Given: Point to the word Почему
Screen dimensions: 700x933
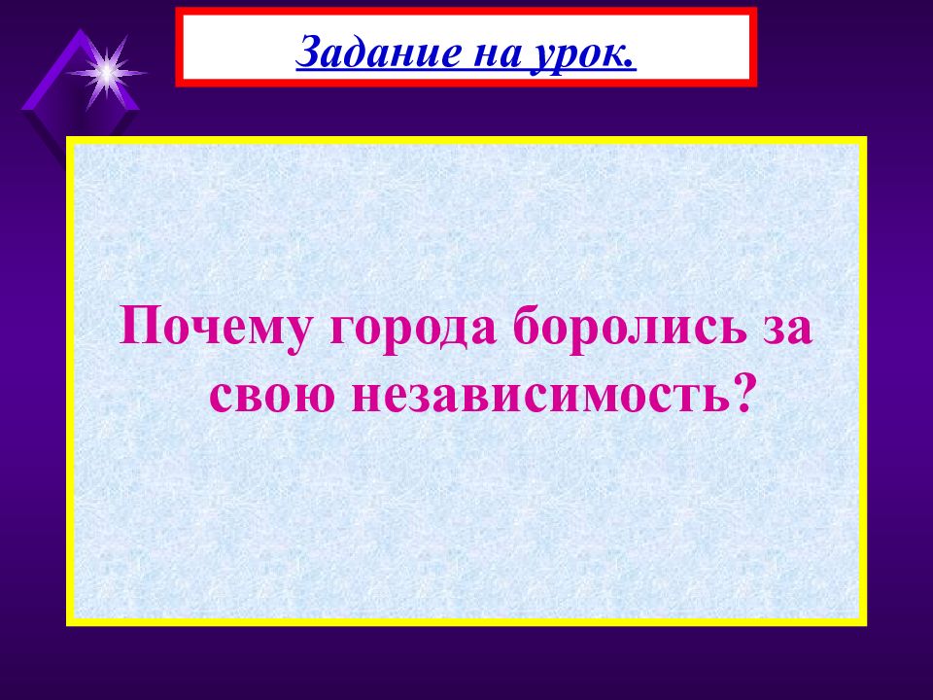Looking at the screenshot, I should pos(218,328).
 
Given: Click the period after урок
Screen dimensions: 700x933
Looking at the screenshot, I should pos(632,60).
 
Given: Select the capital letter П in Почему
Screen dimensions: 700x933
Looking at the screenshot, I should pos(136,328).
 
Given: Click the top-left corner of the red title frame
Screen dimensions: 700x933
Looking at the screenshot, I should pos(179,10).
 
